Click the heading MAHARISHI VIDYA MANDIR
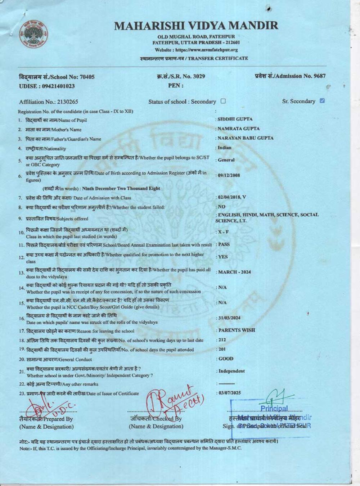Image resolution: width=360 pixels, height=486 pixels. (196, 26)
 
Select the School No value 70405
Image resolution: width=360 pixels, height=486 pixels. (86, 77)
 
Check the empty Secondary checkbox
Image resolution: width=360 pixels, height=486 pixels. (223, 101)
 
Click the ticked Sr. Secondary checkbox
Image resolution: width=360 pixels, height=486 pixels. (322, 101)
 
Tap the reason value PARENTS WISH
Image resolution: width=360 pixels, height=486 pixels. (237, 330)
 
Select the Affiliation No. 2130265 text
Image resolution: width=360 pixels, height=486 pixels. (49, 102)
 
